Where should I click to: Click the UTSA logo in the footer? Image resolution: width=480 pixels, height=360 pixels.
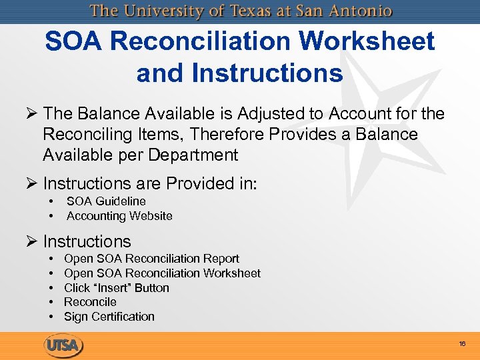click(64, 345)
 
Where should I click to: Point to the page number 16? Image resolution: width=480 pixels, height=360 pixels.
click(462, 344)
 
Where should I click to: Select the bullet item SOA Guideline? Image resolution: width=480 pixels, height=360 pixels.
click(106, 201)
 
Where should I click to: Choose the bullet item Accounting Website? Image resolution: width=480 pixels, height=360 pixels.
click(119, 216)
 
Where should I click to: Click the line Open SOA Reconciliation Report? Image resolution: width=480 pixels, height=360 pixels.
click(151, 259)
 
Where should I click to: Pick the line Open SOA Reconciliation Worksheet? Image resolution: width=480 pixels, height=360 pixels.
click(162, 273)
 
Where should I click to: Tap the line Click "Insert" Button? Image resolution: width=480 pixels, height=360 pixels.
click(117, 288)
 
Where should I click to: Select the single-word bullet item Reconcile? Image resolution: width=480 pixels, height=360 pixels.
click(90, 302)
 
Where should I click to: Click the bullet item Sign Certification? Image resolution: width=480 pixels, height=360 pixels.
click(109, 317)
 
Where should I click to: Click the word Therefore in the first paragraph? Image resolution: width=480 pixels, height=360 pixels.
click(227, 135)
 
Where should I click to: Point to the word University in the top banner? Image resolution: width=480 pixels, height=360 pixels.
click(167, 11)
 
